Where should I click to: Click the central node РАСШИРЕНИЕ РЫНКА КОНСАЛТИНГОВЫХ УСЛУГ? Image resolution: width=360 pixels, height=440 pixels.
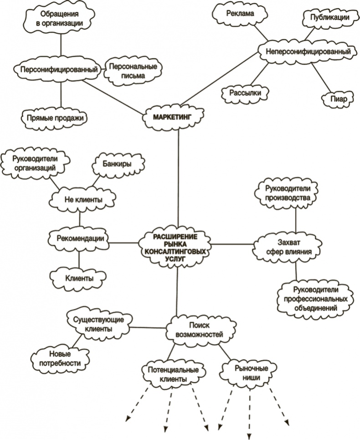coord(177,246)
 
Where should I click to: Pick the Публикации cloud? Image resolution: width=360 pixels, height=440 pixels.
coord(326,18)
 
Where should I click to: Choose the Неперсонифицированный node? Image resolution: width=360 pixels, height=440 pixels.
coord(308,52)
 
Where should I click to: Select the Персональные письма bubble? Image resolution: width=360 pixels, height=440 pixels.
coord(133,71)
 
